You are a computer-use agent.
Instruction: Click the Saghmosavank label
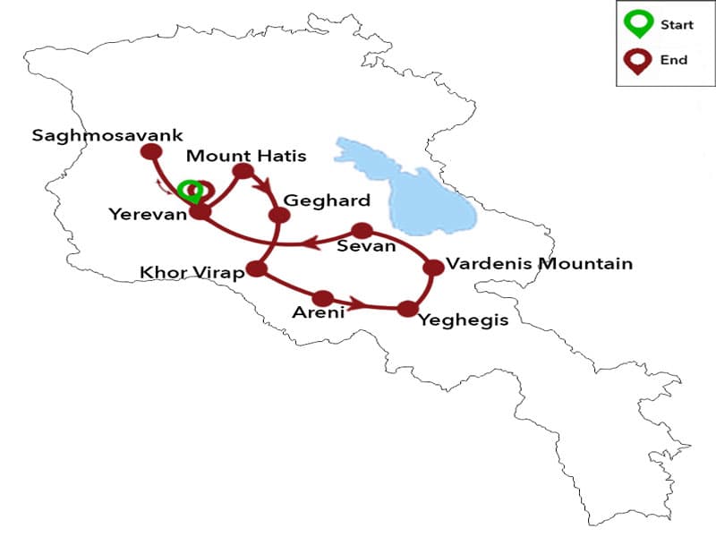click(x=107, y=136)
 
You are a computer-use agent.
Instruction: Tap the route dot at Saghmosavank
click(x=150, y=152)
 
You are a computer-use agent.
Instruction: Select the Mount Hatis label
click(x=246, y=156)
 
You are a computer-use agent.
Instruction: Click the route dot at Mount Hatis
click(x=242, y=170)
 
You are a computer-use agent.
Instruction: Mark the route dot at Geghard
click(x=279, y=215)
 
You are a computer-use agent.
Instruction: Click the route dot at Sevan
click(x=362, y=231)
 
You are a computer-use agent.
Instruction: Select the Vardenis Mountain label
click(x=539, y=263)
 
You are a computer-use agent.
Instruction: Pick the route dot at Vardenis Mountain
click(x=433, y=267)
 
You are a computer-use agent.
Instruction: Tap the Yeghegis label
click(x=463, y=319)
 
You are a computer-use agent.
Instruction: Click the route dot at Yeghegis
click(x=408, y=309)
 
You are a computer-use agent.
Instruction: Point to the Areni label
click(x=318, y=313)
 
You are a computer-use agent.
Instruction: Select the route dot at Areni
click(x=323, y=298)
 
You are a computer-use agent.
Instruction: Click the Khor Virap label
click(x=192, y=272)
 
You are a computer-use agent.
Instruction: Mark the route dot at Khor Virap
click(x=259, y=268)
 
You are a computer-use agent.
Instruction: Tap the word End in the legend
click(x=674, y=60)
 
